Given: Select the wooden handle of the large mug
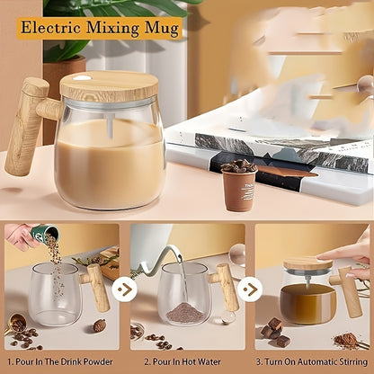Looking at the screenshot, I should (x=27, y=126).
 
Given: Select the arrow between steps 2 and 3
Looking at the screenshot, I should (x=251, y=289).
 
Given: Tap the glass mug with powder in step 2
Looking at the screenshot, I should (x=184, y=297).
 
